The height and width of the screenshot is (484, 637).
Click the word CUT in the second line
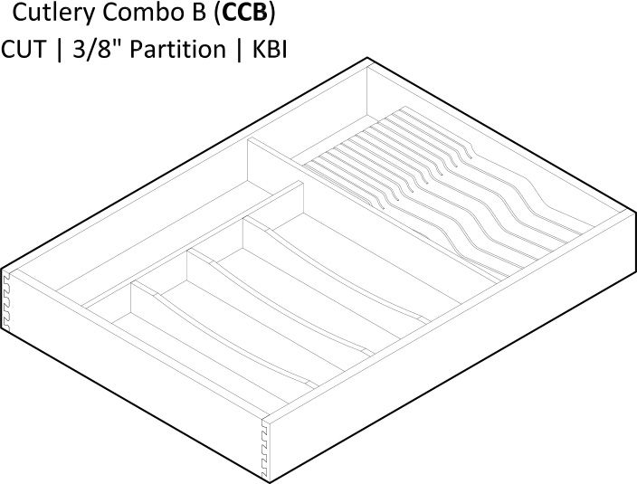click(x=24, y=50)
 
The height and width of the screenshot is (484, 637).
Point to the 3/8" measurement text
click(x=92, y=50)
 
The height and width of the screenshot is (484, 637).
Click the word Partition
click(x=178, y=50)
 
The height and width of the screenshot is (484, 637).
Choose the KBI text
click(x=271, y=50)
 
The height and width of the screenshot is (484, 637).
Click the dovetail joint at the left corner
click(x=6, y=300)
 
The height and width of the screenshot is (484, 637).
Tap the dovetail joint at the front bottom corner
click(x=265, y=449)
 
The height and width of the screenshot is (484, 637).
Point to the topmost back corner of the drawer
click(x=367, y=58)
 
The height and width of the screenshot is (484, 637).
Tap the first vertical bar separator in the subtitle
click(x=60, y=50)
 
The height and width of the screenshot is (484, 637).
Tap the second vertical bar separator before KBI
click(x=239, y=50)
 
